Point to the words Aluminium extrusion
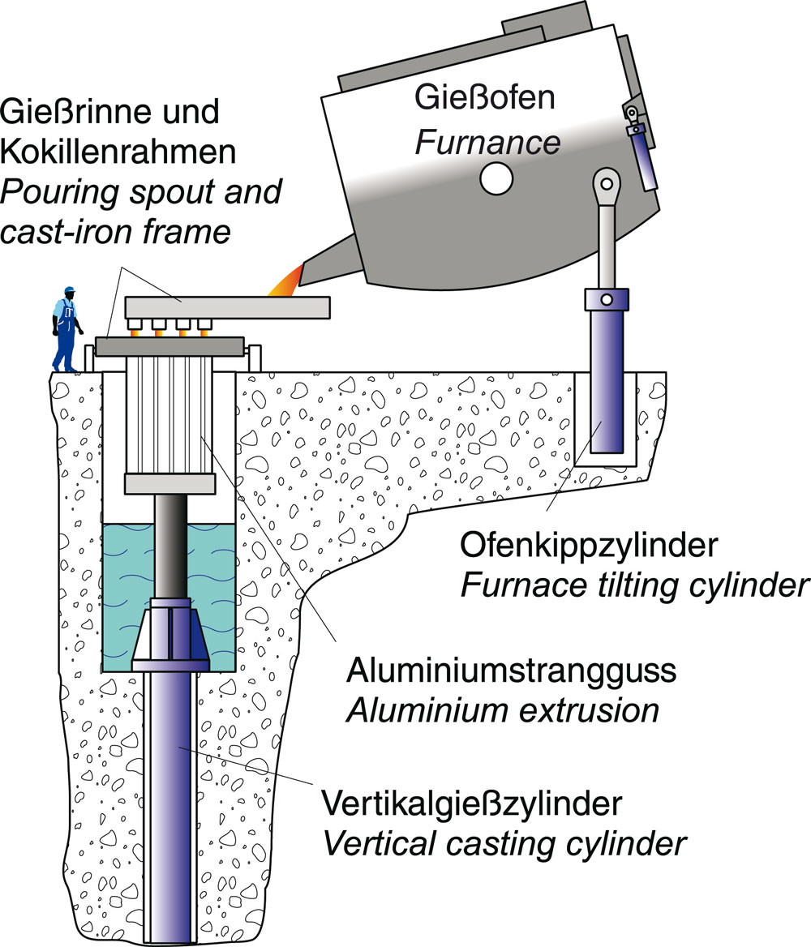pos(502,711)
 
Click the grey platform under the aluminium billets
pos(169,483)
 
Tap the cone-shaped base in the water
pos(170,632)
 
